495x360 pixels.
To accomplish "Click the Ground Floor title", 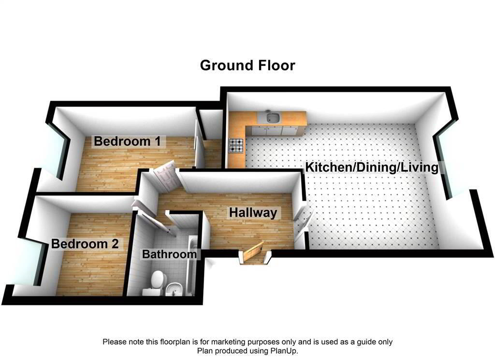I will (x=247, y=65).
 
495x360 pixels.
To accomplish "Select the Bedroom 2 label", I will (x=85, y=244).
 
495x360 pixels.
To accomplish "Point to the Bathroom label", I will (x=169, y=254).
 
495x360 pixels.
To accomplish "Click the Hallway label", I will (x=253, y=212).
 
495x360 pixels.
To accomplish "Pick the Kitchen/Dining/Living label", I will (x=372, y=168).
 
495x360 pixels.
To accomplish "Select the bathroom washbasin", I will (x=173, y=289).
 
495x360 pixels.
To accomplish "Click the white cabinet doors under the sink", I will (x=276, y=130).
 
